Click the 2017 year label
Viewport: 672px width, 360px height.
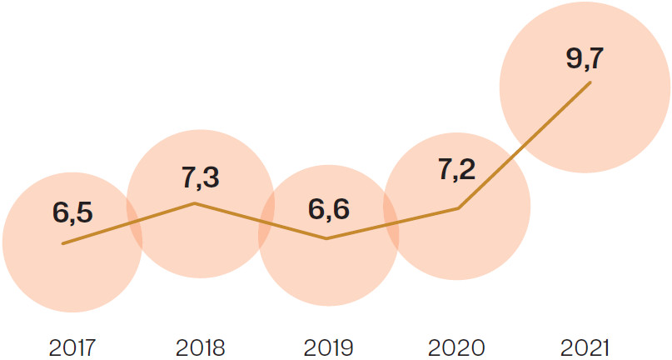click(72, 346)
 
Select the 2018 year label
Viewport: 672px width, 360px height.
click(201, 346)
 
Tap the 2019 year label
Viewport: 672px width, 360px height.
click(328, 346)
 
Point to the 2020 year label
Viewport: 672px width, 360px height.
click(457, 346)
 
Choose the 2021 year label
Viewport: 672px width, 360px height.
click(586, 346)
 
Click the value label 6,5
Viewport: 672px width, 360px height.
click(72, 212)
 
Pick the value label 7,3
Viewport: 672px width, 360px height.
click(201, 177)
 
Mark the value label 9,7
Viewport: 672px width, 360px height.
click(586, 58)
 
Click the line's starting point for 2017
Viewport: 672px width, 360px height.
click(63, 243)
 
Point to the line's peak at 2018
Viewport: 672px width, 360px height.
click(194, 202)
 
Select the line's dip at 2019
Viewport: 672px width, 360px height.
click(327, 238)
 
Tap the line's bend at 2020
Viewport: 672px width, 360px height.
click(459, 208)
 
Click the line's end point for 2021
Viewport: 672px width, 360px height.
click(590, 82)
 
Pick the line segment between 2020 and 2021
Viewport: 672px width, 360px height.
click(525, 145)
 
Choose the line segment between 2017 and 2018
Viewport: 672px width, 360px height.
click(129, 223)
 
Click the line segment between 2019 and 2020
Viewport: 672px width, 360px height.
click(393, 223)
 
